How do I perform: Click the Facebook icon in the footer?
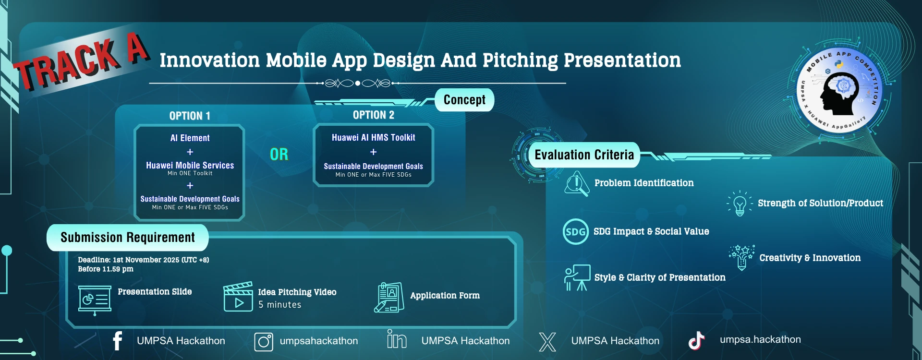(118, 341)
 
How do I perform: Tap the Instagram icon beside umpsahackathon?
(264, 342)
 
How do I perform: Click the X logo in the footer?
(547, 342)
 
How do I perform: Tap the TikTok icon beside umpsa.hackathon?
(696, 340)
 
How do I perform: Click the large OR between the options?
(279, 154)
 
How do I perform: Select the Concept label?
(464, 100)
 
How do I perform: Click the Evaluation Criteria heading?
(584, 155)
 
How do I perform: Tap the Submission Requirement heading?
(128, 238)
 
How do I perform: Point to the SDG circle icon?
(575, 232)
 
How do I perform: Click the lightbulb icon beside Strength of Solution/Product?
(740, 204)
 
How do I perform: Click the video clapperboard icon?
(238, 297)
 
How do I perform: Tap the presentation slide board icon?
(95, 300)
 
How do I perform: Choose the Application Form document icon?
(389, 298)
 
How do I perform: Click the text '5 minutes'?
(280, 305)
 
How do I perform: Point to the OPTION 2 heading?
(374, 115)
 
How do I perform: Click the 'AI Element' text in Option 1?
(190, 138)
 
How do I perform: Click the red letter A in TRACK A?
(137, 48)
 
